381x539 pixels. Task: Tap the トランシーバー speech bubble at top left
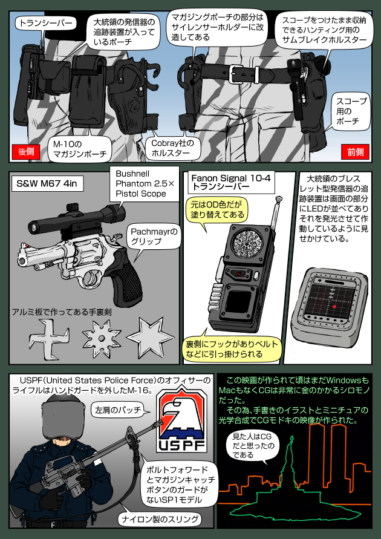(45, 24)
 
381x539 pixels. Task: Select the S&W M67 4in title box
(48, 182)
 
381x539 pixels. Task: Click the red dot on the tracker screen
(332, 307)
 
